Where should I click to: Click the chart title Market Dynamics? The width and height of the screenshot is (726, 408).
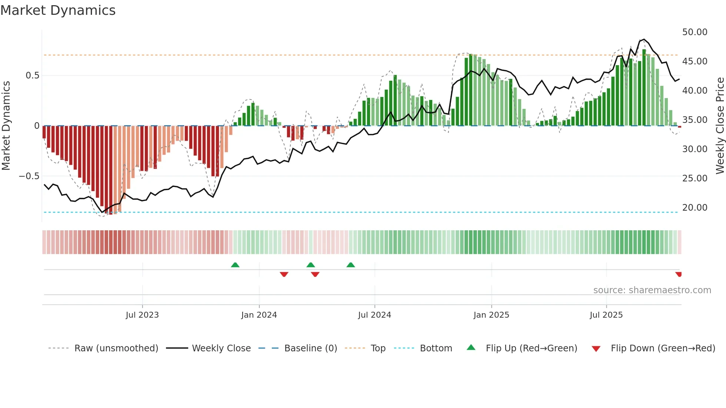(58, 10)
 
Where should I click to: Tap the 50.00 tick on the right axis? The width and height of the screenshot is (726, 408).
(695, 32)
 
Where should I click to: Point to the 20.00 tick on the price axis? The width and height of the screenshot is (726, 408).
(695, 208)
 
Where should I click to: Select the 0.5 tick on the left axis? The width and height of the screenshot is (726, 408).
(32, 76)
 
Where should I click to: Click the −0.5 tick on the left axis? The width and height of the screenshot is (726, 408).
(29, 176)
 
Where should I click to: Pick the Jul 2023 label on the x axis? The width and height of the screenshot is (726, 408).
(142, 315)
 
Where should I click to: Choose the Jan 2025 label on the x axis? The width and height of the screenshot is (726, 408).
(491, 315)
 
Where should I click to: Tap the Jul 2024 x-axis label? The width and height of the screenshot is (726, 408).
(374, 315)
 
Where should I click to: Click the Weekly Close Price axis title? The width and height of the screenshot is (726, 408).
(720, 126)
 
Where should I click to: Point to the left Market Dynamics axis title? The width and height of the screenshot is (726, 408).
(6, 126)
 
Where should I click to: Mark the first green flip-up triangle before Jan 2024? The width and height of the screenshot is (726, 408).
(235, 265)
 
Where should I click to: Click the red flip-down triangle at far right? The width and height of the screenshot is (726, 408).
(679, 274)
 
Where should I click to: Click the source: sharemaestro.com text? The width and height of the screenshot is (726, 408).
(652, 290)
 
